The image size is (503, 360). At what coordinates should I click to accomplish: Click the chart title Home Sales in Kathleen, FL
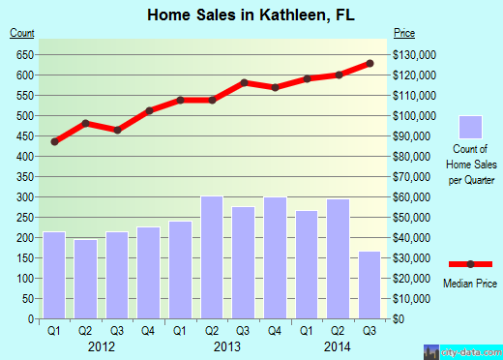tap(251, 15)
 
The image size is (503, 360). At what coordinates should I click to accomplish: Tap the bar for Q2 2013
tap(212, 257)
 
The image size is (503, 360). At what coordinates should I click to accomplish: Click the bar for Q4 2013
tap(275, 257)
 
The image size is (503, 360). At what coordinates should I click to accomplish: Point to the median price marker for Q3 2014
tap(370, 64)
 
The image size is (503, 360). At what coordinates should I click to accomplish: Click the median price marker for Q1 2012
tap(55, 141)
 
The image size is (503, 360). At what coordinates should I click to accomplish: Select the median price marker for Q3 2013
tap(244, 82)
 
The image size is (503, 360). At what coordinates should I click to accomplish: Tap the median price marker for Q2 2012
tap(86, 123)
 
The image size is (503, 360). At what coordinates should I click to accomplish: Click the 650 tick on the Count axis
tap(23, 54)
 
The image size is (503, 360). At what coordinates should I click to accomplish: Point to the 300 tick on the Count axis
tap(23, 196)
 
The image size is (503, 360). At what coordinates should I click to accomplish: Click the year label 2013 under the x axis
tap(227, 345)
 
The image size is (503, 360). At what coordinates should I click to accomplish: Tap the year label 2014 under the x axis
tap(338, 345)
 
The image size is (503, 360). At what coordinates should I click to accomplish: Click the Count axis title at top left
tap(22, 34)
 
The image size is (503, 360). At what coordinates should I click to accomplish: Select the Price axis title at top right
tap(405, 34)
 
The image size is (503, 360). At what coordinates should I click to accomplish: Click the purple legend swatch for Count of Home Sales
tap(471, 127)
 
